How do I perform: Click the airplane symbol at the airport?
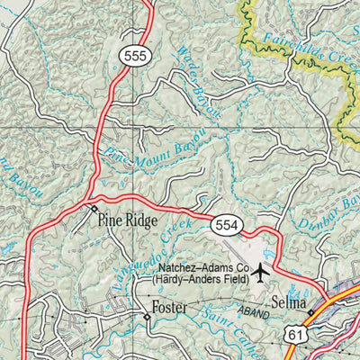tap(262, 271)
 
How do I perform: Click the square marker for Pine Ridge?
tap(94, 210)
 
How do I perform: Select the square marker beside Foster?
tap(148, 316)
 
